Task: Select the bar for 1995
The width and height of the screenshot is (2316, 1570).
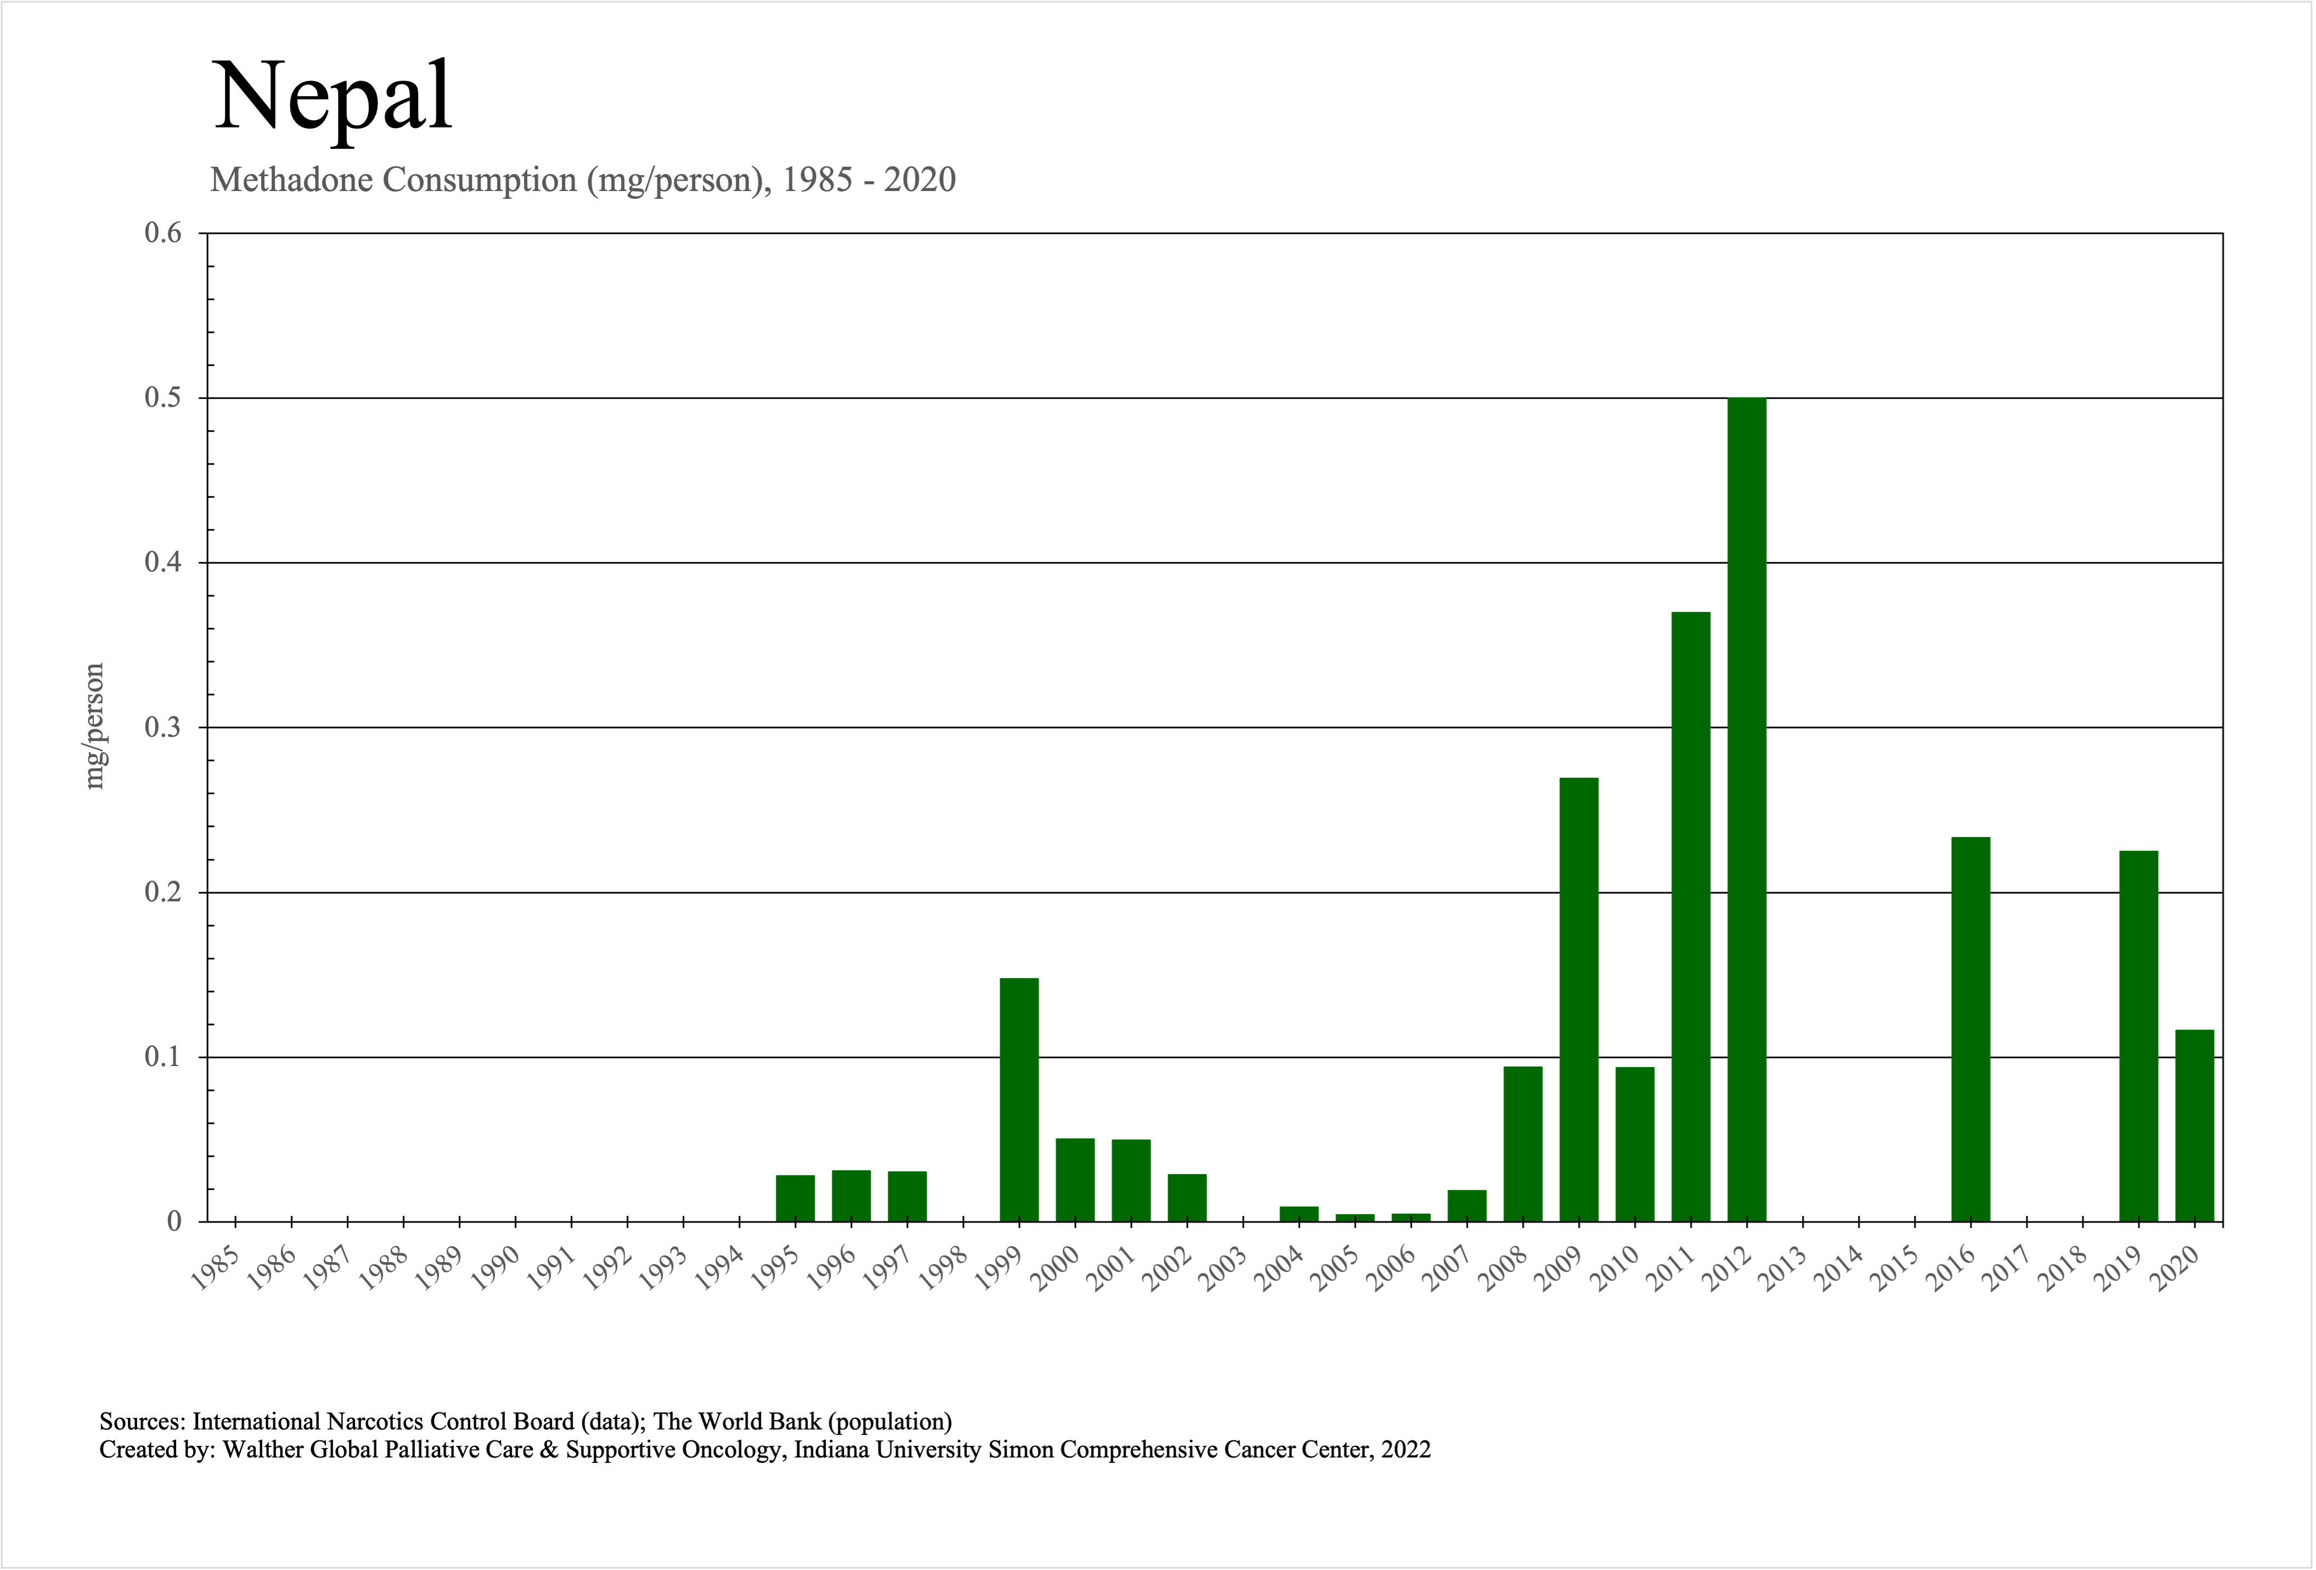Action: [795, 1198]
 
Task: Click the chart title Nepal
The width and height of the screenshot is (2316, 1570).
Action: [333, 97]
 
